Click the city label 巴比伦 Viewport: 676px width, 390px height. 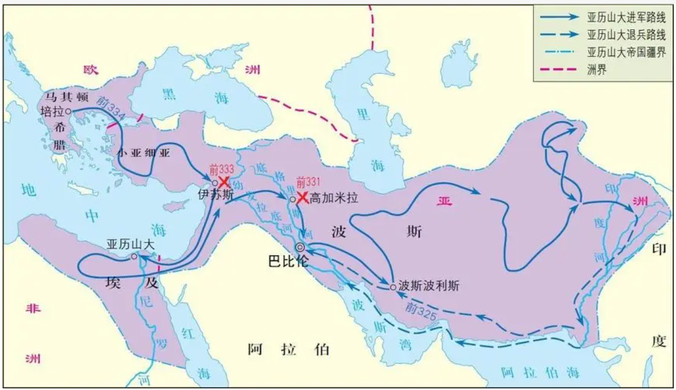[288, 261]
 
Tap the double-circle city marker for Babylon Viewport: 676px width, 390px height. [300, 247]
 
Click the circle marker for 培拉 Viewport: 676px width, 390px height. [68, 111]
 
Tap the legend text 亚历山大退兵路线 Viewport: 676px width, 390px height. [626, 36]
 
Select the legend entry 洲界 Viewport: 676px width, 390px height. [597, 70]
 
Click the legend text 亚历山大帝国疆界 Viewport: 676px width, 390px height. [626, 53]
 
